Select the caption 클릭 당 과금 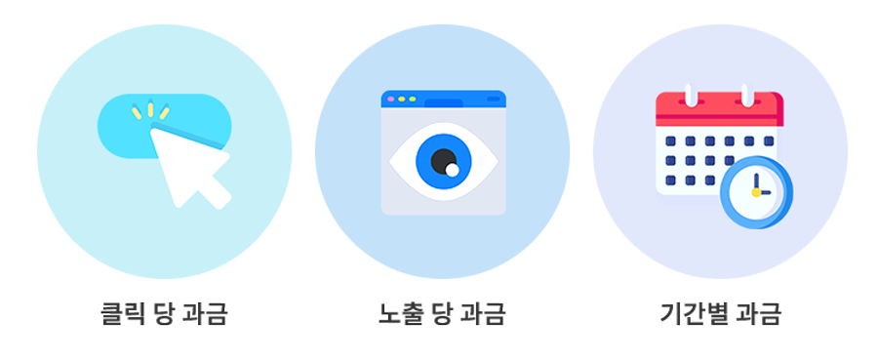pos(164,314)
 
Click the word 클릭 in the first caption pos(123,314)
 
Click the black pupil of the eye pos(442,158)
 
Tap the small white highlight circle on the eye pos(453,171)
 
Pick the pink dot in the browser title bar pos(390,99)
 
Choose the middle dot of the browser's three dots pos(401,99)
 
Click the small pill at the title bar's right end pos(493,99)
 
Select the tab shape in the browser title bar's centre pos(444,101)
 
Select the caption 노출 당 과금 pos(442,314)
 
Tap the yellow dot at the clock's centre pos(755,192)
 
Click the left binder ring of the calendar pos(690,96)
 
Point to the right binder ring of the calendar pos(746,96)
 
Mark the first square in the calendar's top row pos(670,141)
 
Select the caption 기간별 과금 pos(720,314)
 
